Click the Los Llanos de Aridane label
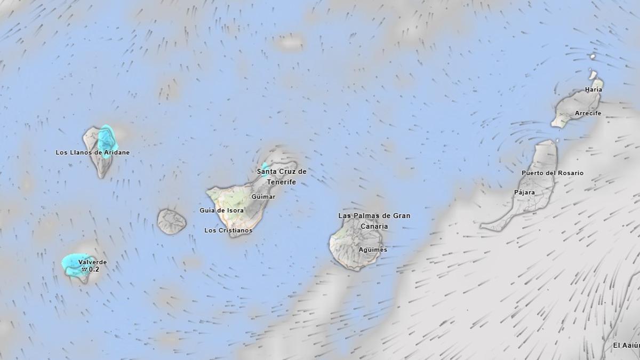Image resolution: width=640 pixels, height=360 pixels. pos(92,153)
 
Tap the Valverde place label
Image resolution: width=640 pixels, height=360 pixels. pos(92,262)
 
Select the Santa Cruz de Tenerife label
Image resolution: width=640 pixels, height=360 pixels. pos(282,177)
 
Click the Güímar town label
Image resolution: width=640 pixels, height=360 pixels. pos(263,197)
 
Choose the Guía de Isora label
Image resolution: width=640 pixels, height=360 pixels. pos(221,210)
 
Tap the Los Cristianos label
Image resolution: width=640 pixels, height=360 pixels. pos(228,230)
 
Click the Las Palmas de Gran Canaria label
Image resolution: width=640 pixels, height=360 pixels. pos(374,221)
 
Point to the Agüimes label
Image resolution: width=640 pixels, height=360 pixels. pos(373,250)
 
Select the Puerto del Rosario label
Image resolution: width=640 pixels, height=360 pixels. pos(552,173)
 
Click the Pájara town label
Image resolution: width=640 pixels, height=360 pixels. pos(524,192)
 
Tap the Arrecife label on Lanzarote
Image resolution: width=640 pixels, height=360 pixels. pos(588,113)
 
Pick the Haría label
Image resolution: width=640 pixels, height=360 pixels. pos(593,90)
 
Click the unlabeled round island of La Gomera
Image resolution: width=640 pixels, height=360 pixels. pos(171,221)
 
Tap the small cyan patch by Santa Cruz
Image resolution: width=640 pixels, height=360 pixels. pos(265,166)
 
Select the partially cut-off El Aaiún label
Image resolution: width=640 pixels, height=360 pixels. pos(626,346)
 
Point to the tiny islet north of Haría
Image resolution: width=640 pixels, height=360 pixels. pos(593,56)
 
